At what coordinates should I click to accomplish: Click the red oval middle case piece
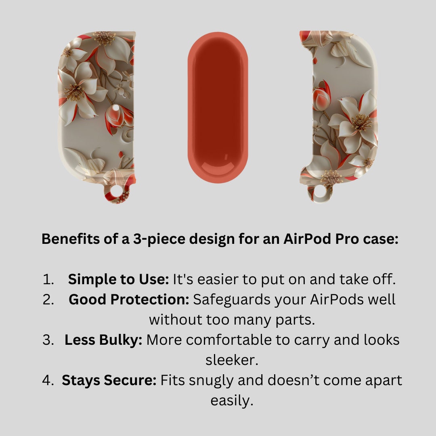(218, 108)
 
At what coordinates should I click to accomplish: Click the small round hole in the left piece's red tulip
(116, 107)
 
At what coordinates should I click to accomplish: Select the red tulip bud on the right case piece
(322, 96)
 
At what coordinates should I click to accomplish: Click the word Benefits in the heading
(70, 239)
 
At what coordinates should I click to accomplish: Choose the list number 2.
(48, 300)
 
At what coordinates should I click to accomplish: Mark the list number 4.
(48, 380)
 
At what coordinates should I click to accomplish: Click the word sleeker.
(232, 360)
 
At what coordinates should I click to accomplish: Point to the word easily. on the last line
(232, 401)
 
